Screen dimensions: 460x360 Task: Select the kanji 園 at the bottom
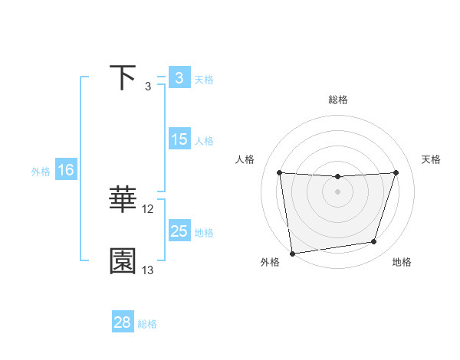(123, 261)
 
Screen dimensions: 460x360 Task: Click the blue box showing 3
(179, 78)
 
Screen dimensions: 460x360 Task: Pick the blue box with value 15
(179, 139)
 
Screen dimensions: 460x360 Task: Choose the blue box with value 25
(179, 231)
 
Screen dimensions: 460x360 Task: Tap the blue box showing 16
(65, 170)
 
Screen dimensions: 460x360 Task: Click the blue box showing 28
(123, 322)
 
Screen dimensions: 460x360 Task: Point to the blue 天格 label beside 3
(204, 79)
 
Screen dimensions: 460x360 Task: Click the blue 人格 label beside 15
(204, 140)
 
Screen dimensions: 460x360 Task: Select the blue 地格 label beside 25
(204, 232)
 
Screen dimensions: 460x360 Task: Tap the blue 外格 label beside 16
(41, 171)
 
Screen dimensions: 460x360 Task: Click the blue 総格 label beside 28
(147, 323)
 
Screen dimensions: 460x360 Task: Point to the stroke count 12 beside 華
(148, 208)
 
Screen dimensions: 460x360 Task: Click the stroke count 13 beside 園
(148, 270)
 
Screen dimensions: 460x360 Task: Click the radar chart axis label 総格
(337, 100)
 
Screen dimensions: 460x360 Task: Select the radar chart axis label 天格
(432, 159)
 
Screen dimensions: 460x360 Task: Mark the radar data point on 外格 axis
(292, 254)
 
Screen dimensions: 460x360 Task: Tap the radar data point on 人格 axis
(279, 172)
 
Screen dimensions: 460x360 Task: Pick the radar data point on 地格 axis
(374, 242)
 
